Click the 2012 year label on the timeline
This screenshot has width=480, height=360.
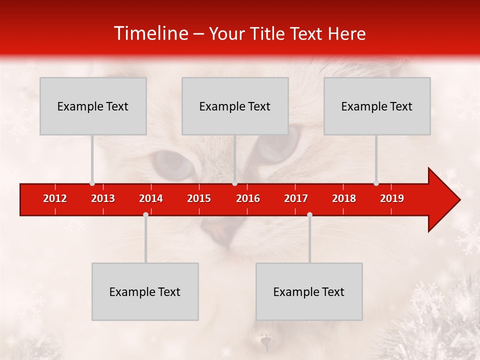[x=55, y=198]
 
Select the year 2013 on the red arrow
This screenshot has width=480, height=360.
[x=103, y=198]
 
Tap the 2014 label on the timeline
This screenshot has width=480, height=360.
[x=151, y=198]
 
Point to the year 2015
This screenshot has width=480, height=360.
[x=199, y=198]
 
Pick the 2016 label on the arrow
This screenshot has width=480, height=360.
[x=248, y=198]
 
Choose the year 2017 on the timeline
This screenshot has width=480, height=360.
[x=296, y=198]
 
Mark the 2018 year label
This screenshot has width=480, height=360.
[x=344, y=198]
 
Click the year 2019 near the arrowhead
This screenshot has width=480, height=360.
[x=392, y=198]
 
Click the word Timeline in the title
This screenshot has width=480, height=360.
[x=150, y=33]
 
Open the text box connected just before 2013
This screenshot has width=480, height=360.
[x=93, y=106]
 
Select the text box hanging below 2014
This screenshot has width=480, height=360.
[x=145, y=291]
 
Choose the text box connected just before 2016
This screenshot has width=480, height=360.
[x=235, y=106]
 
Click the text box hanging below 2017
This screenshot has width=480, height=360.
[x=309, y=291]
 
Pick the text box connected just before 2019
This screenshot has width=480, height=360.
[x=377, y=106]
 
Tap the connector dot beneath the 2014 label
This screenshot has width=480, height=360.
[x=145, y=214]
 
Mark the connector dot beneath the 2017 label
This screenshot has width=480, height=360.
[x=309, y=214]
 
